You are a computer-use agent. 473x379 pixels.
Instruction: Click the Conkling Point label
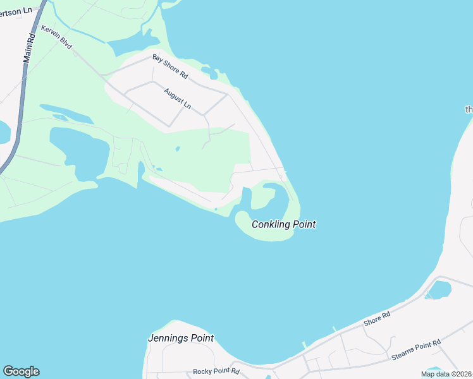283,224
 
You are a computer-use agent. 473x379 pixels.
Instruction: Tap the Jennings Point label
180,338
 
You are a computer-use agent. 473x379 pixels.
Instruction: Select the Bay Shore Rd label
170,66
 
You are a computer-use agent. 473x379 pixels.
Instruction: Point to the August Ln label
177,98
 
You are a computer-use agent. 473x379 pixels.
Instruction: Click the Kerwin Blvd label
57,39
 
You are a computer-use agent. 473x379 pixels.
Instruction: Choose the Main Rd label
29,47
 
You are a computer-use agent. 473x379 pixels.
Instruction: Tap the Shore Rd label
377,318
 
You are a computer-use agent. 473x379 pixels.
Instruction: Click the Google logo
21,371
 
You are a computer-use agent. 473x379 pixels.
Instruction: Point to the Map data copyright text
446,374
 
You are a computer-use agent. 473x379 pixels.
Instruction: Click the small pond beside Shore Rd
439,290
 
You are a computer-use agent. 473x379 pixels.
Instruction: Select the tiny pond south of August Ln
177,149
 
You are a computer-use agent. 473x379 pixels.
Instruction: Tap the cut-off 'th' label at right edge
469,109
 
